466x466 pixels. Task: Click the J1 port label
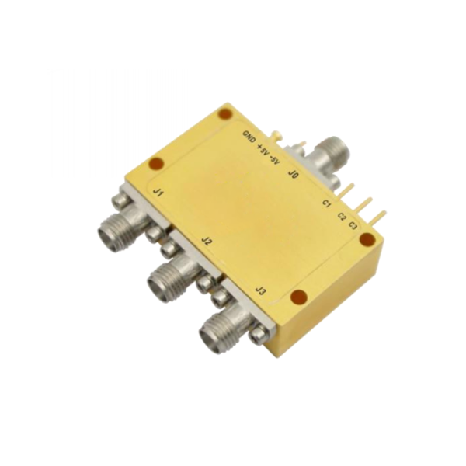point(157,193)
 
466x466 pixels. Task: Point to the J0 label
point(293,175)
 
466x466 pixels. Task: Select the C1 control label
point(327,203)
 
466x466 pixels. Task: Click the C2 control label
point(342,217)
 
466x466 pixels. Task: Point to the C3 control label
point(353,226)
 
